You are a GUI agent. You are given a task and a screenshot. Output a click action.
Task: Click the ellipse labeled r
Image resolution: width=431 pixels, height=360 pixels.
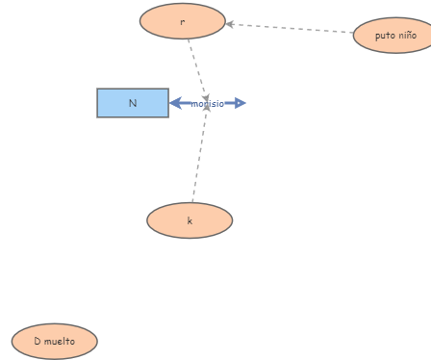pos(182,21)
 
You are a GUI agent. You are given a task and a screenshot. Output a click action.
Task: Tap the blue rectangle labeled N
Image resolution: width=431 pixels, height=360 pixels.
pos(133,103)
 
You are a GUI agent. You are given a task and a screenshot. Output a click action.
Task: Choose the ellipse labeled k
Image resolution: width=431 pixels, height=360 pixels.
pos(190,220)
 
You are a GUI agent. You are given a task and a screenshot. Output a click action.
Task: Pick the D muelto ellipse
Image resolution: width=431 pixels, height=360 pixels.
pos(55,341)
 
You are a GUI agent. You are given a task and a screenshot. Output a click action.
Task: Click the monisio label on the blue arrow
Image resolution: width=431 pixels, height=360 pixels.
pos(207,104)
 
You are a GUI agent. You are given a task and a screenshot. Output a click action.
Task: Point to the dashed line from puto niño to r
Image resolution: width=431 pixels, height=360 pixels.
pos(289,28)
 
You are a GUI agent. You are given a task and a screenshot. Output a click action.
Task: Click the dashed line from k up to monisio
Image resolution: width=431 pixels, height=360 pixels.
pos(199,159)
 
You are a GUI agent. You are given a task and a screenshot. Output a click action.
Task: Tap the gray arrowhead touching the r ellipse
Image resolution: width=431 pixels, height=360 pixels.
pos(231,24)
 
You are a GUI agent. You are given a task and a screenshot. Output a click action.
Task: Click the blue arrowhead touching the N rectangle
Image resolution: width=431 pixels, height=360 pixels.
pos(176,103)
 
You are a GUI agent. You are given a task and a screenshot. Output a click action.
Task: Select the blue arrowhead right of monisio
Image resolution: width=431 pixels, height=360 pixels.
pos(240,103)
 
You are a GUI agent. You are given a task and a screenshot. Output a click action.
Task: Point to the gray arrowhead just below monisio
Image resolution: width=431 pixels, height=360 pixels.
pos(206,113)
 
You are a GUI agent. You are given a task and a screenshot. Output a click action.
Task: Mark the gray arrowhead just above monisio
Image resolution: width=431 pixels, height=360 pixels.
pos(205,94)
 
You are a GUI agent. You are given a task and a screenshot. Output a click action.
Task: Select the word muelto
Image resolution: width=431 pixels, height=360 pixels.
pos(60,341)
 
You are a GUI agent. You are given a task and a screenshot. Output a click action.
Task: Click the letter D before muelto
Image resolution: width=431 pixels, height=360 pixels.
pos(37,341)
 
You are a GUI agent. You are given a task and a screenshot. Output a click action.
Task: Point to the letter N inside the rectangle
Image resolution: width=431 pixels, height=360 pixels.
pos(133,103)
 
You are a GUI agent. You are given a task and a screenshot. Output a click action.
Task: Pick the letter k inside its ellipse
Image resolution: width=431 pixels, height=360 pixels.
pos(190,220)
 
